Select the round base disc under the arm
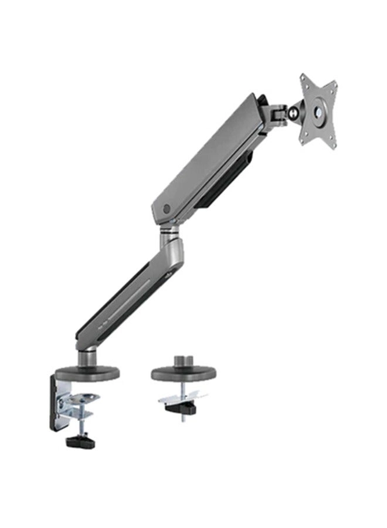point(87,373)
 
